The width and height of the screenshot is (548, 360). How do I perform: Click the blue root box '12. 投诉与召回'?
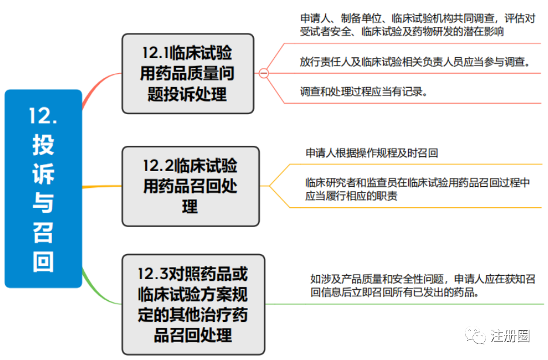tap(43, 188)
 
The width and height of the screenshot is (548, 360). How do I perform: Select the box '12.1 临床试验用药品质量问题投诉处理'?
tap(188, 74)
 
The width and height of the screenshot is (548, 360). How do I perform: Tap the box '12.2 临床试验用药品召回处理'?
tap(191, 186)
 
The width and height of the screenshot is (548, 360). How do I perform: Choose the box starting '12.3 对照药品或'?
tap(193, 304)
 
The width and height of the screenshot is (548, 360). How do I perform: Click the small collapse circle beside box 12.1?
tap(264, 74)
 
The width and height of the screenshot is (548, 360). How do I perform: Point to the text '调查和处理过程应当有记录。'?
tap(363, 92)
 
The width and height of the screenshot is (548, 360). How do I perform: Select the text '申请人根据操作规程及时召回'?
tap(372, 153)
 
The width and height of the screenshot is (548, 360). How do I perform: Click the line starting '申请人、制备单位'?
tap(418, 19)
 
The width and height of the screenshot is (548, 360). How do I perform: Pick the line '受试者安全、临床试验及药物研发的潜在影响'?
tap(402, 32)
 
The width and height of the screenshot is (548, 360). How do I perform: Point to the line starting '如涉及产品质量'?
tap(423, 279)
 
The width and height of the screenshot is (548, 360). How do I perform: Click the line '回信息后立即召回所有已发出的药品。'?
tap(395, 292)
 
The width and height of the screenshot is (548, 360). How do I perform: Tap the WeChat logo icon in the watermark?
tap(475, 336)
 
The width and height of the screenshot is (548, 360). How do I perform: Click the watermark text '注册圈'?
tap(510, 336)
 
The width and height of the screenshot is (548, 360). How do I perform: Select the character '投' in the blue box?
tap(43, 145)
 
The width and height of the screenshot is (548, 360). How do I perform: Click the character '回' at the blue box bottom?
tap(43, 262)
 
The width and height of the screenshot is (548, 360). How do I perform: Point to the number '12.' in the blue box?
tap(43, 115)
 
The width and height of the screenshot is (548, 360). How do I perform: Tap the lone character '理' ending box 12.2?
tap(189, 207)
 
